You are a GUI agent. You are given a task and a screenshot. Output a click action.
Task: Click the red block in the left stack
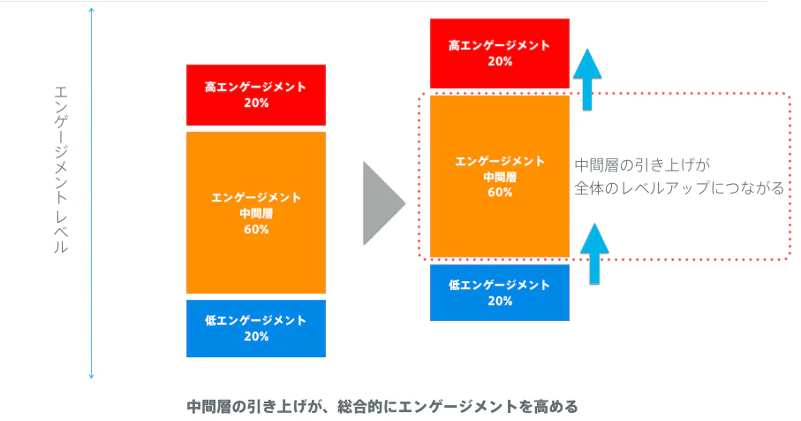coord(256,96)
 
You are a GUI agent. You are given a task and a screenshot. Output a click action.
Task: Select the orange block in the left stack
coord(256,213)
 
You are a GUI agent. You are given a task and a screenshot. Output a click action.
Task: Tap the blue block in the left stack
coord(256,328)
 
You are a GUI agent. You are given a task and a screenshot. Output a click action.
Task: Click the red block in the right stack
coord(500,54)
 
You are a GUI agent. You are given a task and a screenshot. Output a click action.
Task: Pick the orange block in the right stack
coord(500,177)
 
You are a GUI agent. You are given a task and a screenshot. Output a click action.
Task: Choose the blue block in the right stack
coord(500,293)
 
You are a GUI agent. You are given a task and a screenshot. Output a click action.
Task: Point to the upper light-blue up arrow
coord(587,80)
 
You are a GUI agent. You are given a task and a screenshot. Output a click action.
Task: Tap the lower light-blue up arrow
coord(594,254)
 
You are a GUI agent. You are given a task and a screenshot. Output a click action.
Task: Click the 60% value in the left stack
coord(256,229)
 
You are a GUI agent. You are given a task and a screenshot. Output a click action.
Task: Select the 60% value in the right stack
coord(500,192)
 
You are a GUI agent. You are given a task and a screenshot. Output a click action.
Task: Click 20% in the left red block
coord(256,103)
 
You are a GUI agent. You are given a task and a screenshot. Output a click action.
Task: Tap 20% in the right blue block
coord(500,301)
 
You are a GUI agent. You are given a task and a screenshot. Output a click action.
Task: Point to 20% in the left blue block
coord(256,336)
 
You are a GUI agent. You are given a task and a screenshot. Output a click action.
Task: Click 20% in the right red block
coord(500,61)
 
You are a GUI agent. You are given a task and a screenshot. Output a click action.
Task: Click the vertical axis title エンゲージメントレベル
coord(61,170)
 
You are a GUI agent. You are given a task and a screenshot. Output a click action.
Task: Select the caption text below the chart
coord(382,407)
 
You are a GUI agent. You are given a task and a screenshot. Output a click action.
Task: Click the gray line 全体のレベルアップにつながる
coord(679,188)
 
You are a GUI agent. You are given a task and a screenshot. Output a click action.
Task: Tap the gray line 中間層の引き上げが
coord(643,165)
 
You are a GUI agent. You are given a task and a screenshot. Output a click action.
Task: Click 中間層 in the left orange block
coord(256,213)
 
